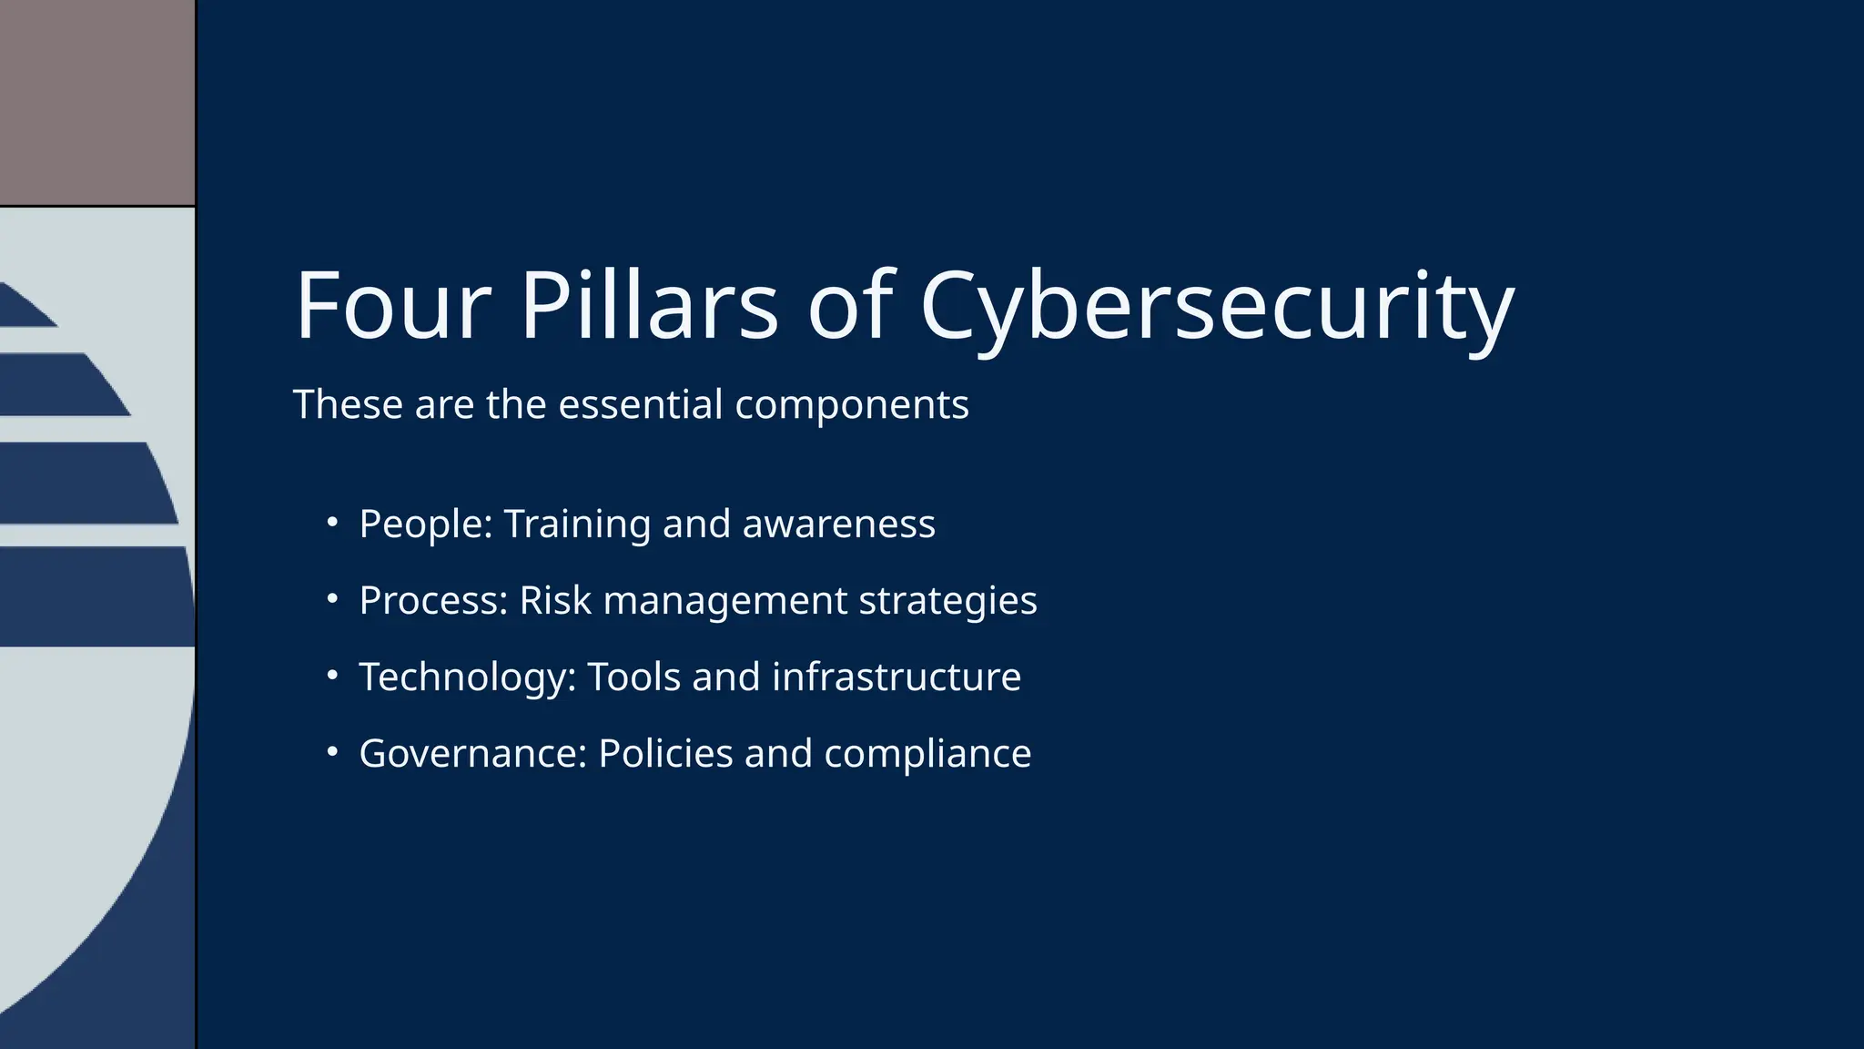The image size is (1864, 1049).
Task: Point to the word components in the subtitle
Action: (x=851, y=406)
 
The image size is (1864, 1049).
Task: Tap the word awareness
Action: (x=838, y=524)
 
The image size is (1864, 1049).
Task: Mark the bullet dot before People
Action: (x=333, y=523)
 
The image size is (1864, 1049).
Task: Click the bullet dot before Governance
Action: (x=333, y=752)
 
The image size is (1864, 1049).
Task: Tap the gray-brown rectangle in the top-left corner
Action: (x=96, y=102)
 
